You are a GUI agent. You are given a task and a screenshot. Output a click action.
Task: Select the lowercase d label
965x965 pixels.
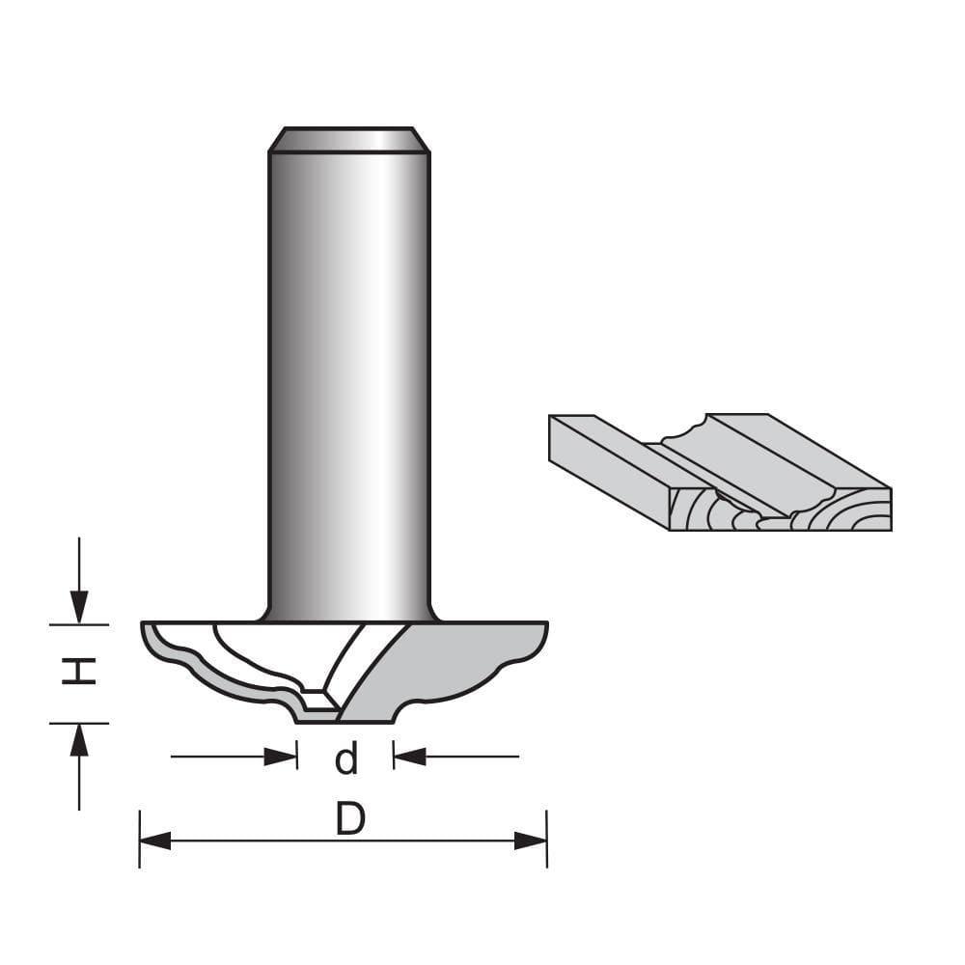345,759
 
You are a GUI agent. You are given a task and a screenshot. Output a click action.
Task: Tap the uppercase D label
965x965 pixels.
349,820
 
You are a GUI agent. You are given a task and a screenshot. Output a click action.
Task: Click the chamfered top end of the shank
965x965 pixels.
348,139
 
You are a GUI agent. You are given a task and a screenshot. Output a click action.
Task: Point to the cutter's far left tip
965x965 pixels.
145,629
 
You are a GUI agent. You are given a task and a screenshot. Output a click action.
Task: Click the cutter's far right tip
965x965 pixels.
545,629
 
